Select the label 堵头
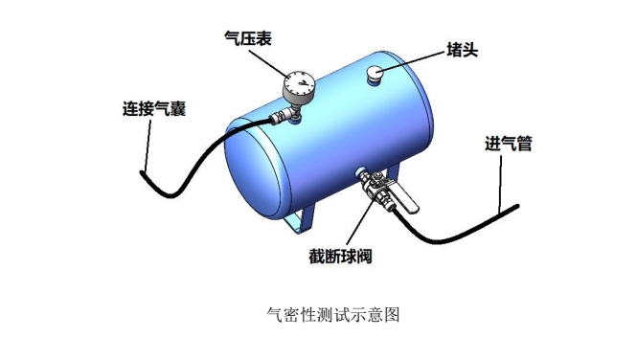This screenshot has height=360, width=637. [465, 50]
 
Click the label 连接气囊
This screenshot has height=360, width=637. [153, 108]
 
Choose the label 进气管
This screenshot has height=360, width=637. [509, 145]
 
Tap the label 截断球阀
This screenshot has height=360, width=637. [340, 257]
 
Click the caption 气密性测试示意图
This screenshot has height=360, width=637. [320, 313]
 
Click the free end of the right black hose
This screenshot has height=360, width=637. [516, 205]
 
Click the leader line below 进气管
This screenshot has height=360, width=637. [501, 182]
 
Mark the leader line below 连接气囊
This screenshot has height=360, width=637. [148, 144]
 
